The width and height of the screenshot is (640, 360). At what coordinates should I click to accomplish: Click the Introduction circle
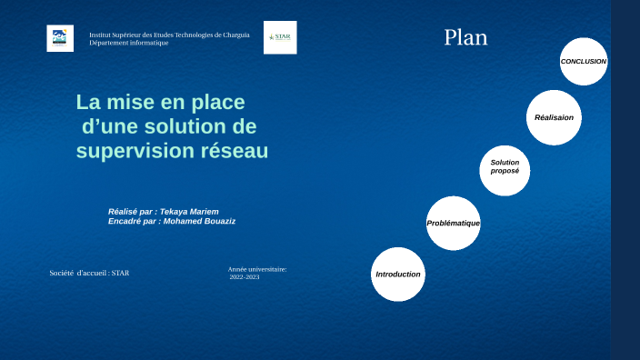(398, 275)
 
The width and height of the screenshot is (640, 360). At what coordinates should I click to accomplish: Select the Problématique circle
(453, 224)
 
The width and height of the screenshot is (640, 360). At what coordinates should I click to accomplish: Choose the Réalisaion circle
(554, 117)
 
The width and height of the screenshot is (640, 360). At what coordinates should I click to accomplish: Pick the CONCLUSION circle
(583, 62)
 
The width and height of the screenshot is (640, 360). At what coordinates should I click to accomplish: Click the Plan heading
(465, 37)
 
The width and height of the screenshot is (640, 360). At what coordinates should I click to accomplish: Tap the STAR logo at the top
(280, 37)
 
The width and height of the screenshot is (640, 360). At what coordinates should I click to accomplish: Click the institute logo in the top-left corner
(60, 38)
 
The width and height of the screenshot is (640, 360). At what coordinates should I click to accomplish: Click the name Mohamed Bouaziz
(201, 221)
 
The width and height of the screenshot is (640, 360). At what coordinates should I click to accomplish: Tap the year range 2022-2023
(245, 276)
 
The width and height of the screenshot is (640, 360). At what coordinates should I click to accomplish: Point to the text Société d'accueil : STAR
(89, 273)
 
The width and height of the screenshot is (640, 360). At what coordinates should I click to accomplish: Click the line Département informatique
(128, 43)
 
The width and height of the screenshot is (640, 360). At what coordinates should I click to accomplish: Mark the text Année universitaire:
(257, 269)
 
